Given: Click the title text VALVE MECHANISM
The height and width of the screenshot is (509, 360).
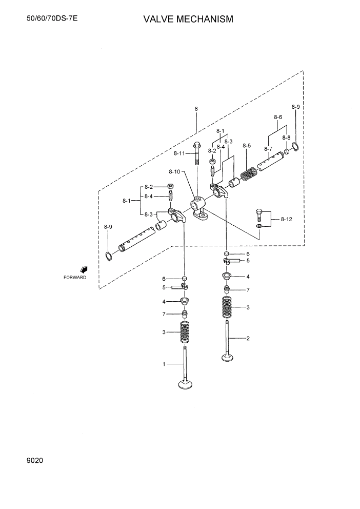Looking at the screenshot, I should click(188, 19).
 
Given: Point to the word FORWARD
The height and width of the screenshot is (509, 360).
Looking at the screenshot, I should click(75, 278).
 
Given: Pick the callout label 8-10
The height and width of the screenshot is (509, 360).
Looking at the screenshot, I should click(174, 171).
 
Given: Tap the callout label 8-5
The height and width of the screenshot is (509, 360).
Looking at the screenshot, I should click(246, 146).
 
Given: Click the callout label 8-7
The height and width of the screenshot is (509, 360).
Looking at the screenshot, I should click(268, 149).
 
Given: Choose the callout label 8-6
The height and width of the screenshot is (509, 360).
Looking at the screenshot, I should click(278, 117).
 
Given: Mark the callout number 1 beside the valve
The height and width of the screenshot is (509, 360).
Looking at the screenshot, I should click(164, 364).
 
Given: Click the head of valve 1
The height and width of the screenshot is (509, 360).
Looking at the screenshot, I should click(185, 383).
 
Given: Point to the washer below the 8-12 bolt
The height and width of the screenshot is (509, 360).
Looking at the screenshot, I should click(259, 226).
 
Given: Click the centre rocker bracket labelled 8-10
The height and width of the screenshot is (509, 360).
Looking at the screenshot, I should click(199, 210).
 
